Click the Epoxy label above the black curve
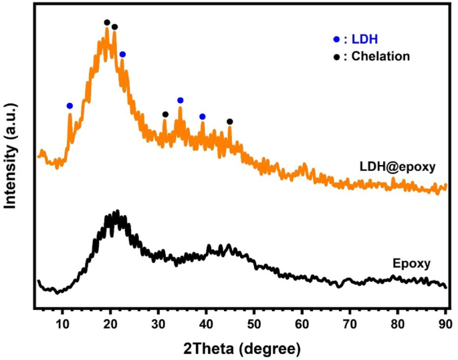point(409,262)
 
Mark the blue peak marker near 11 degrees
point(70,106)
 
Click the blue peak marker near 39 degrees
point(203,116)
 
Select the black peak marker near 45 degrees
point(230,122)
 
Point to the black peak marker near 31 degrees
point(165,114)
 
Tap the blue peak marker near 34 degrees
point(180,100)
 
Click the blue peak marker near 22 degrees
point(122,54)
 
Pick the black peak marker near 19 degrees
point(107,23)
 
